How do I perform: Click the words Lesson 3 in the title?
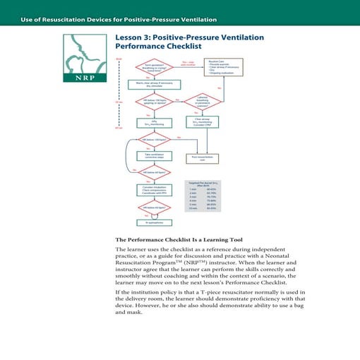[x=136, y=37]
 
